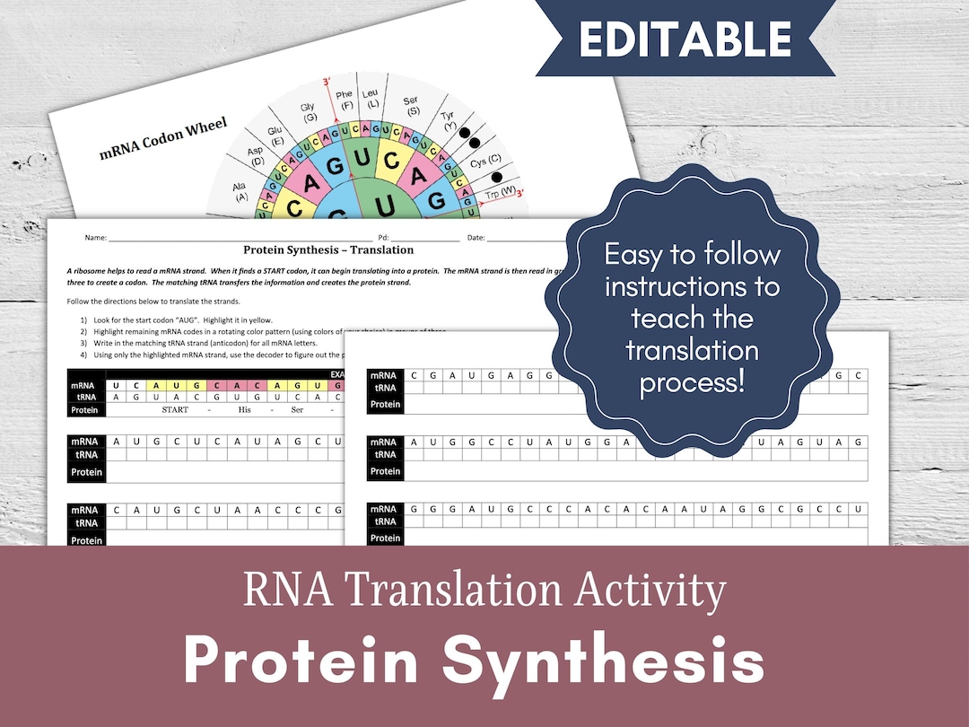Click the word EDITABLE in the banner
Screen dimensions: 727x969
tap(685, 39)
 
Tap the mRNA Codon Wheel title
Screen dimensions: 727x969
tap(163, 138)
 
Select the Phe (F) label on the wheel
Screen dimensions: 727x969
tap(344, 100)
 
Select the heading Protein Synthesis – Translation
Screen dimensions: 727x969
tap(328, 250)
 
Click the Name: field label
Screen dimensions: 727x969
tap(95, 238)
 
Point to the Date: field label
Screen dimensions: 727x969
tap(476, 238)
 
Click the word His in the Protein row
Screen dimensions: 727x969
tap(245, 410)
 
